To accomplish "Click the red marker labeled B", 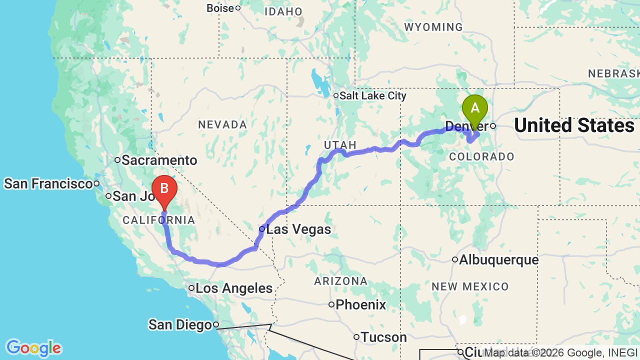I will coord(164,189).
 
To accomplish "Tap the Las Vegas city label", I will coord(298,229).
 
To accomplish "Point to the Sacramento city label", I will coord(159,160).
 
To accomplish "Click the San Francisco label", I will coord(48,184).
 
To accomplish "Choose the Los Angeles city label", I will coord(233,288).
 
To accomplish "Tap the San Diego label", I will coord(180,325).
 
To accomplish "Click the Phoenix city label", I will coord(360,304).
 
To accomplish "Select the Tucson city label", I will coord(383,337).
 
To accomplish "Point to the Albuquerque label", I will coord(498,260).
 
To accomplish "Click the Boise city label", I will coord(220,8).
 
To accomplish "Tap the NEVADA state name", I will coord(222,124).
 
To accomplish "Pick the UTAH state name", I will coord(340,145).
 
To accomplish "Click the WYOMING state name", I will coord(433,27).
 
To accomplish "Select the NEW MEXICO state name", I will coord(470,286).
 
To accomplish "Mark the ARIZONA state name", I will coord(341,281).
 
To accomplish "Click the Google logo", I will coord(33,348).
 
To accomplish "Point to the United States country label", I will coord(574,125).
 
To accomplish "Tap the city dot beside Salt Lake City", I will coord(336,95).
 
